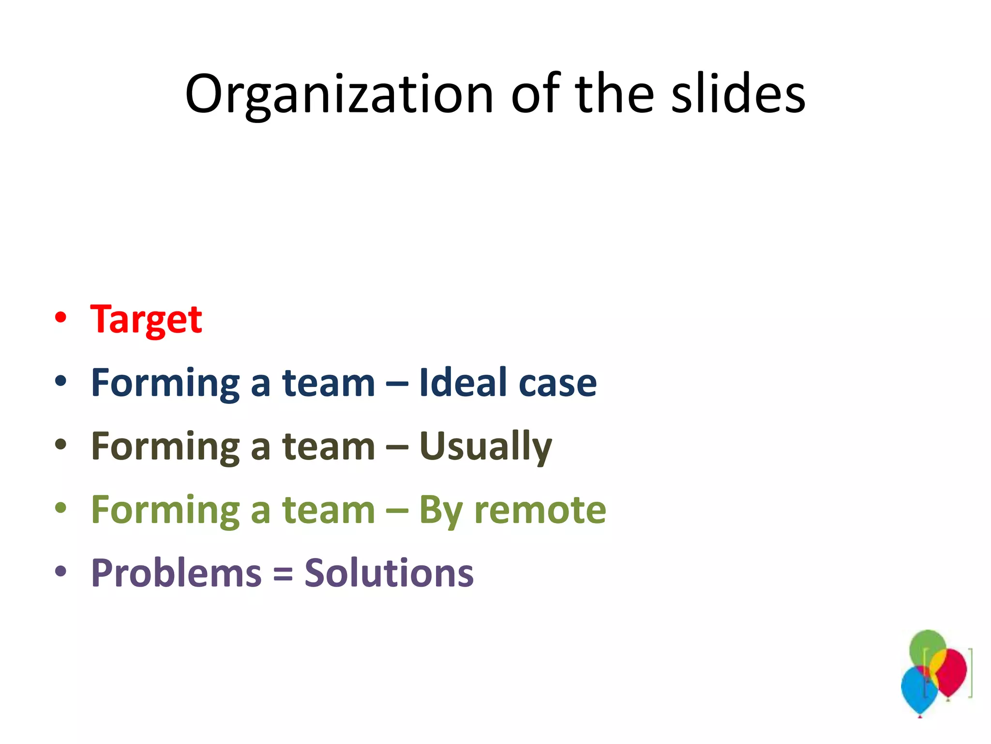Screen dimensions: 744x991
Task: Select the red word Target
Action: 146,320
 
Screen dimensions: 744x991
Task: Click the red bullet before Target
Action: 60,318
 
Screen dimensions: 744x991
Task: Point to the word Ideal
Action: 463,383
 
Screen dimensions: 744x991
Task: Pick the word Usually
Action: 485,447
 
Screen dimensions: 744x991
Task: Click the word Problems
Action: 176,573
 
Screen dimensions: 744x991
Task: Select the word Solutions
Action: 389,573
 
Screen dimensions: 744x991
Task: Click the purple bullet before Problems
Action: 60,572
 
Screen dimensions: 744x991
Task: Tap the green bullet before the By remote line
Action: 60,508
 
